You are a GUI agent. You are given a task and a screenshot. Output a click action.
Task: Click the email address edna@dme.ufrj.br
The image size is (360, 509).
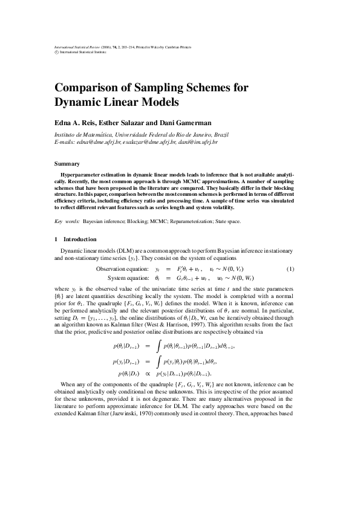pos(102,142)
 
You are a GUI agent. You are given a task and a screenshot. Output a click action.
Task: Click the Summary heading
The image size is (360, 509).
pos(67,164)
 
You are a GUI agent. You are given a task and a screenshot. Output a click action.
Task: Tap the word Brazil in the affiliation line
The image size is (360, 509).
pos(221,134)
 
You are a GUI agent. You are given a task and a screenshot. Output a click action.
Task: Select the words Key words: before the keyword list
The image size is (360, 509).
pos(67,221)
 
